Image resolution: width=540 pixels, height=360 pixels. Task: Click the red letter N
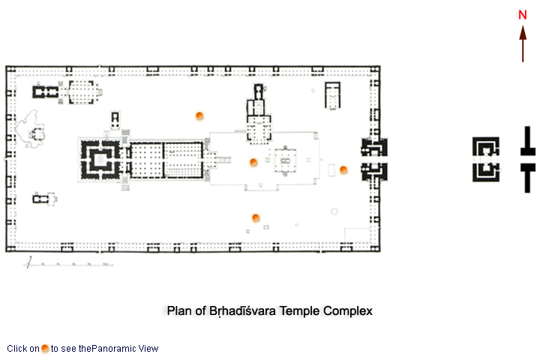[523, 15]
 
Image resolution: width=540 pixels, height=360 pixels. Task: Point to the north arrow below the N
[523, 43]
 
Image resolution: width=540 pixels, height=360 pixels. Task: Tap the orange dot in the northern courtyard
[199, 115]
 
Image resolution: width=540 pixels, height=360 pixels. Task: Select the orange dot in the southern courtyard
[256, 217]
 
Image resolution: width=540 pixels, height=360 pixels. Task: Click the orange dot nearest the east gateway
[343, 169]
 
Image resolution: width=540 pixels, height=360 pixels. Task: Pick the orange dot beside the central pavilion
[253, 162]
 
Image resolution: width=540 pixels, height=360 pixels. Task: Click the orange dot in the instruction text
[45, 348]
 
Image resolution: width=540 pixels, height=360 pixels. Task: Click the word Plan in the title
[179, 310]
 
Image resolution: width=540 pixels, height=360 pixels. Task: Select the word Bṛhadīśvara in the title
[242, 310]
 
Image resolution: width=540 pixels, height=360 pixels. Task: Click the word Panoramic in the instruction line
[114, 349]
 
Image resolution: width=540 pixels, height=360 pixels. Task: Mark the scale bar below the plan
[68, 264]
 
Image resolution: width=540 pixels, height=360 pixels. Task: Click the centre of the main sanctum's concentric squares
[100, 160]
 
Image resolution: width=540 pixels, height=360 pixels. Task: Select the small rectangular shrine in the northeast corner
[333, 95]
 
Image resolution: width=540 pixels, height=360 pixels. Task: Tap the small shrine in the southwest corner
[44, 199]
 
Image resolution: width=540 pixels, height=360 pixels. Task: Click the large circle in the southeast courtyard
[334, 211]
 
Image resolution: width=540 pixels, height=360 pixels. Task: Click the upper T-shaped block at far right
[527, 141]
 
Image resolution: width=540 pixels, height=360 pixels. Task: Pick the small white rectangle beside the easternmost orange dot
[331, 170]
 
